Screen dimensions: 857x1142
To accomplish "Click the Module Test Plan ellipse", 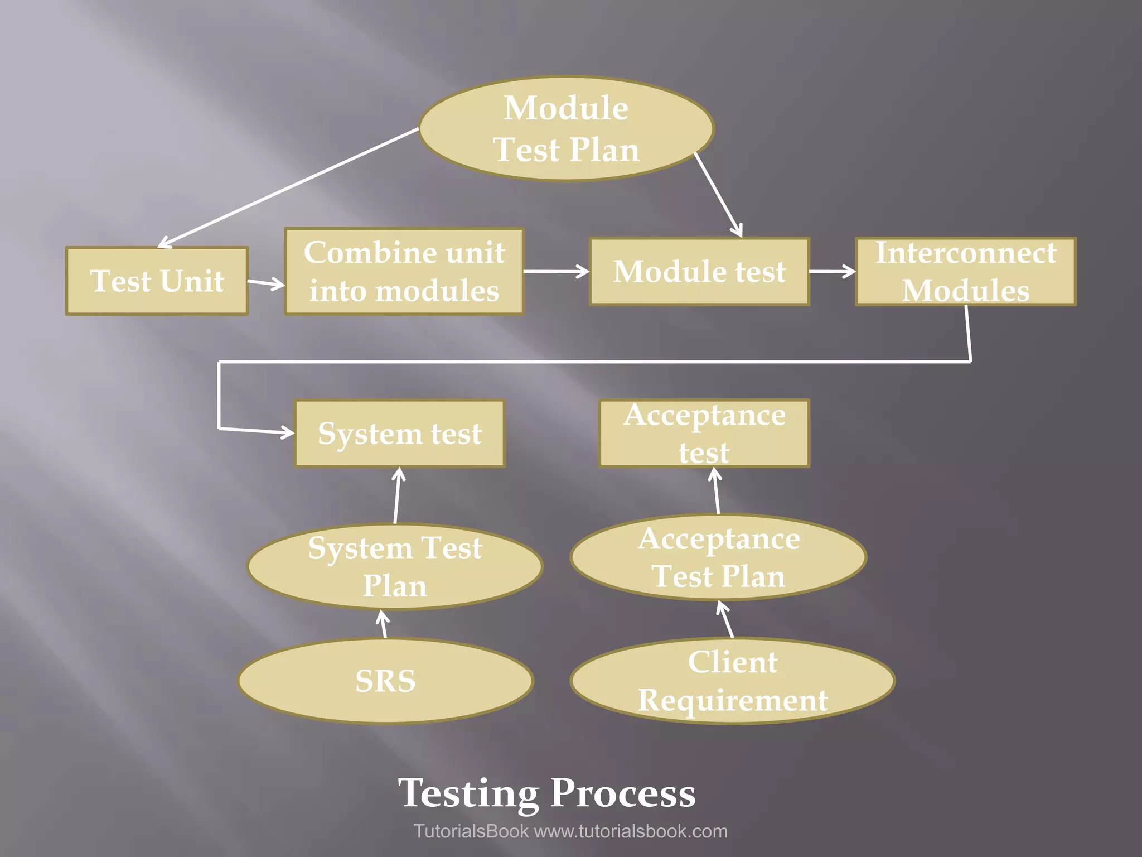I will pos(566,129).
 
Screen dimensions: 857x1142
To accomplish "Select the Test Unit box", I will pos(157,281).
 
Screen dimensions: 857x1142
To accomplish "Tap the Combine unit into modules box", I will pos(404,272).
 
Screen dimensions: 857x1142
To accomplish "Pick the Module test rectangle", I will pos(699,272).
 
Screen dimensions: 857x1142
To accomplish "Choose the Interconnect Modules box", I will pos(966,272).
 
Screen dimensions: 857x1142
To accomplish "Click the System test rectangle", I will pos(400,434).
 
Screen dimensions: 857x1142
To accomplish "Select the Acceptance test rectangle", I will pos(704,434).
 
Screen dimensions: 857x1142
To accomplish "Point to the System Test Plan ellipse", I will pos(395,566).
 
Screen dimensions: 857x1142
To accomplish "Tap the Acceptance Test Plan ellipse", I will pos(718,557).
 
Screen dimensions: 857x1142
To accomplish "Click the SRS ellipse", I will pos(385,681).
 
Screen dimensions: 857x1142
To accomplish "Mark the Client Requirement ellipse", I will pos(732,681).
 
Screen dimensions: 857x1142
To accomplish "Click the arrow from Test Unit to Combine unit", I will pos(266,283).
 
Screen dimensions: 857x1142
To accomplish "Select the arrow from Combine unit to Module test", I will pos(556,272).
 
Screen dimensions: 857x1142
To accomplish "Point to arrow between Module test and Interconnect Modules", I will pos(832,272).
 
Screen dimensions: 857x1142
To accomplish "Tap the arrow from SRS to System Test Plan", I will pos(383,624).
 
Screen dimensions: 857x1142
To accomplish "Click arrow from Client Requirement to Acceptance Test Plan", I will pos(725,619).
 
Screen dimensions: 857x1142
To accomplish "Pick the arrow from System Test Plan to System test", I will pos(397,495).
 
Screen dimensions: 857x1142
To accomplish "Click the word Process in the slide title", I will pos(623,793).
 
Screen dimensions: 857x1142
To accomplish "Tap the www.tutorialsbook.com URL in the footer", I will pos(631,831).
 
